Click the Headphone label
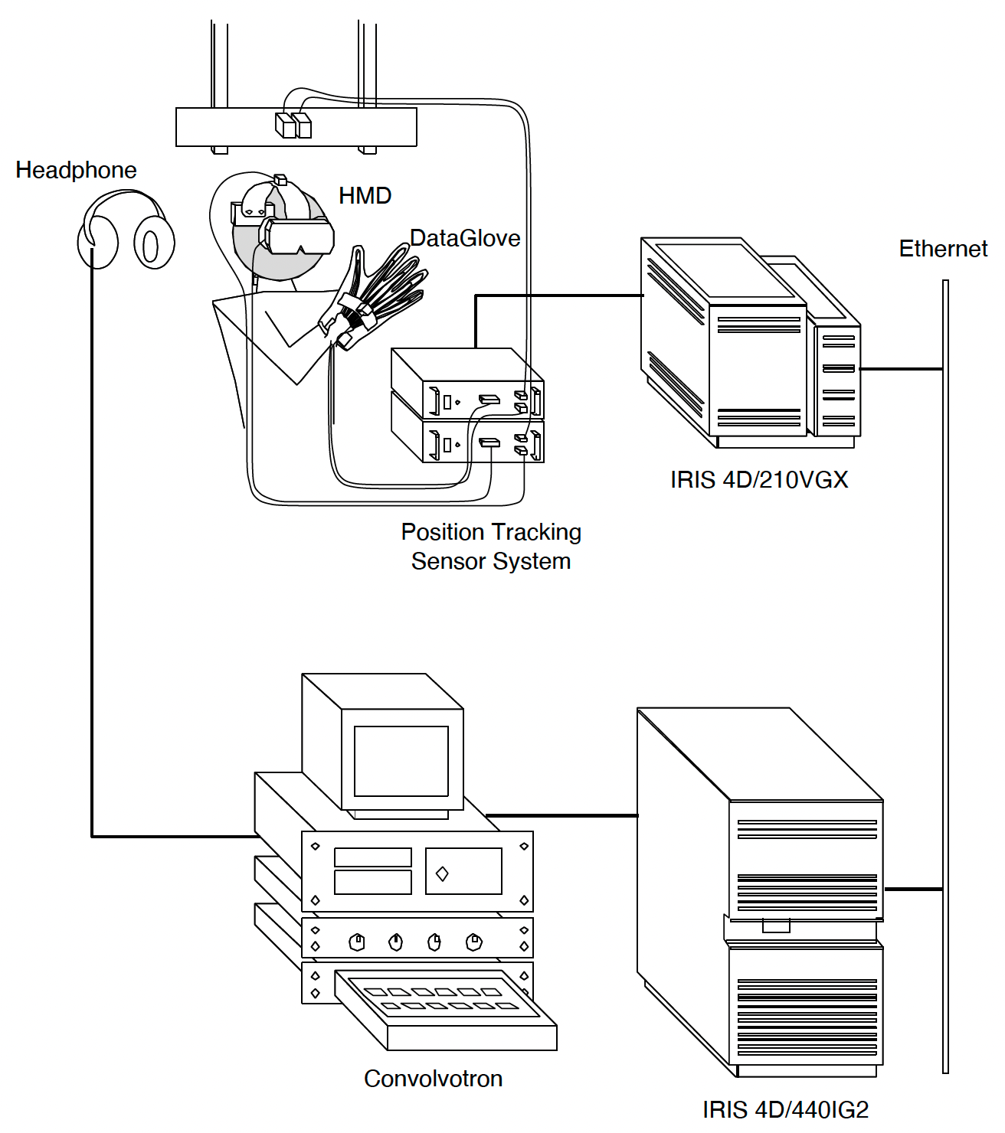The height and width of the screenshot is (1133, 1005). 76,170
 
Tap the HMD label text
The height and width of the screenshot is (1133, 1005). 365,196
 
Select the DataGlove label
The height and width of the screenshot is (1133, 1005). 465,238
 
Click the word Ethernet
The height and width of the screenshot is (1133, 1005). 943,249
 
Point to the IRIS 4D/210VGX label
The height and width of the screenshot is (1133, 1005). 759,480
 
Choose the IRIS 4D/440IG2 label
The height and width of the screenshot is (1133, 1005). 785,1109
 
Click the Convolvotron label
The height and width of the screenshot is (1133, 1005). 433,1079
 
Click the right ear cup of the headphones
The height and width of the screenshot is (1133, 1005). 153,243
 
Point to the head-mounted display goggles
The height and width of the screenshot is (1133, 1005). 299,236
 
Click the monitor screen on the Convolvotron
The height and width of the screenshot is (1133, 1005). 401,762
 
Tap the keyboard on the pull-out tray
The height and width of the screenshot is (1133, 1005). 444,998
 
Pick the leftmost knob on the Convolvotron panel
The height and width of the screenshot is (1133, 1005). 356,942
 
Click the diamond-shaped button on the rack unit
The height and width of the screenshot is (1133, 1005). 442,873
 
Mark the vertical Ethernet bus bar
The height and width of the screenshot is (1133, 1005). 946,674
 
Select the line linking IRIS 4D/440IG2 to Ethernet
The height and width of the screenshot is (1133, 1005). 913,889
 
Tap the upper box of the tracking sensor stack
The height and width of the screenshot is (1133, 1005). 467,383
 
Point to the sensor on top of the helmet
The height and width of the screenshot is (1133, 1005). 280,180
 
